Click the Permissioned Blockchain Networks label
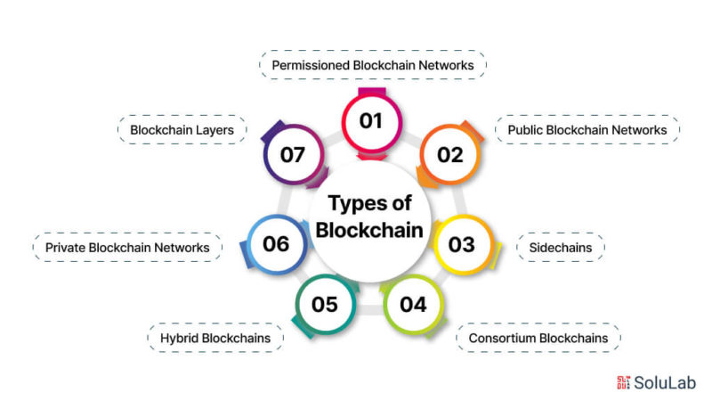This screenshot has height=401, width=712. pos(372,65)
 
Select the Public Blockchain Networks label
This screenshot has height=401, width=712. pos(587,130)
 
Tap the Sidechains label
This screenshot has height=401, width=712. pos(561,248)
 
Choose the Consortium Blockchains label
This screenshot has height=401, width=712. pos(538,338)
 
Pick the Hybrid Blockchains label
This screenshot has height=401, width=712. pos(215,338)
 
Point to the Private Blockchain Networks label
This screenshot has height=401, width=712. pos(127,248)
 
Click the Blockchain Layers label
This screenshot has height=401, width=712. pos(182,130)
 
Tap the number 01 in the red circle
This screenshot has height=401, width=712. pos(371,121)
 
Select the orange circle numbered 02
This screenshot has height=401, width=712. pos(450,155)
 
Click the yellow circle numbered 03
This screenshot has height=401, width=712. pos(462,244)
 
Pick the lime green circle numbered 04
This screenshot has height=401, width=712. pos(413,305)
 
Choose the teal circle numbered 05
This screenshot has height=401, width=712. pos(325,305)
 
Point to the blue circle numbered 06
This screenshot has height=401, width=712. pos(277,244)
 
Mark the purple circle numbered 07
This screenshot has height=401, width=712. pos(293,155)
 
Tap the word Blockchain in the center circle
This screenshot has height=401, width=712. pos(369,230)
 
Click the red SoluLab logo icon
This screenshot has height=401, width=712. pos(624,382)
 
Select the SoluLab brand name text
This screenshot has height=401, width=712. pos(665,383)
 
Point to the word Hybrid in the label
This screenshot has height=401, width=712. pos(180,339)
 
